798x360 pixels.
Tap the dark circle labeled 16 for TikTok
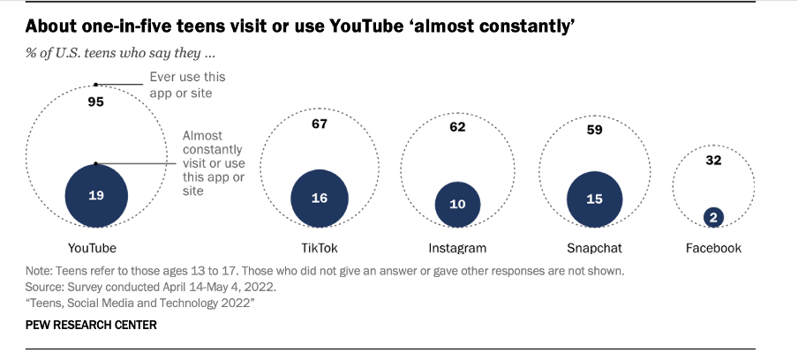[320, 198]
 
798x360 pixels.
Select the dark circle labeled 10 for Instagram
[457, 204]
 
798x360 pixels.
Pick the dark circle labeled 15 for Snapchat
[594, 199]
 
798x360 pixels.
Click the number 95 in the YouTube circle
[96, 102]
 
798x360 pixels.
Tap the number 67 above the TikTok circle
[320, 124]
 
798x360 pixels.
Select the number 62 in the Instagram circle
[457, 126]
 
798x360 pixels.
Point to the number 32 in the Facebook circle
[713, 161]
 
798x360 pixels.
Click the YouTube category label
[92, 248]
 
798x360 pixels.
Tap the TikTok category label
[320, 248]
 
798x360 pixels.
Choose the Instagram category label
[456, 248]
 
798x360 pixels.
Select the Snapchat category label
[594, 248]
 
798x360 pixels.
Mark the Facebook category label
[713, 248]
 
